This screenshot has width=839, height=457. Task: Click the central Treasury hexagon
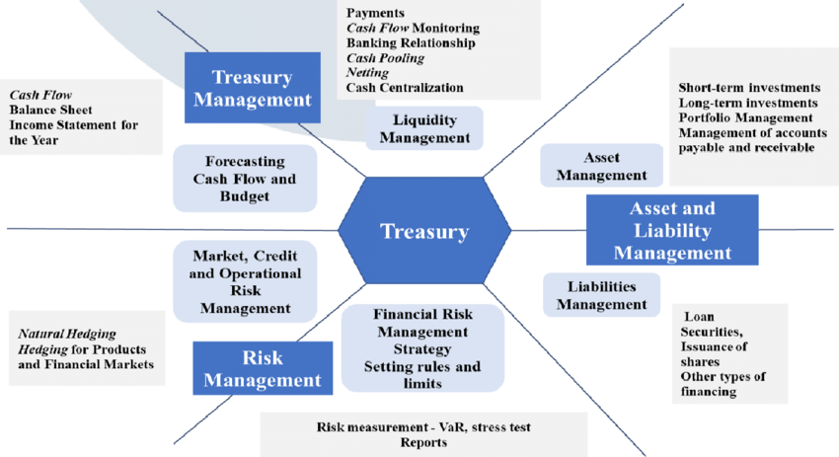click(424, 231)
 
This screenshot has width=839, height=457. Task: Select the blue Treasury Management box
click(253, 88)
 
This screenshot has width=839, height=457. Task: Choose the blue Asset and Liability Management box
click(672, 230)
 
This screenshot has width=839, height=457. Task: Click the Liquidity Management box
click(424, 129)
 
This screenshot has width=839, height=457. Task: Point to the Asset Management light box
click(601, 166)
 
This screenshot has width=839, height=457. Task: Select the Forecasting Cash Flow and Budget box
click(245, 179)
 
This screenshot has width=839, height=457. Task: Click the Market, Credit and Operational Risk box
click(246, 281)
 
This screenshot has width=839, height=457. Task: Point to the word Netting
click(367, 73)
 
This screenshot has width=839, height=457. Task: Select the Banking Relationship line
click(411, 43)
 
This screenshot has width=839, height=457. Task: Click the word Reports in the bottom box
click(423, 443)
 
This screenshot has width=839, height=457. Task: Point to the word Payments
click(376, 14)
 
